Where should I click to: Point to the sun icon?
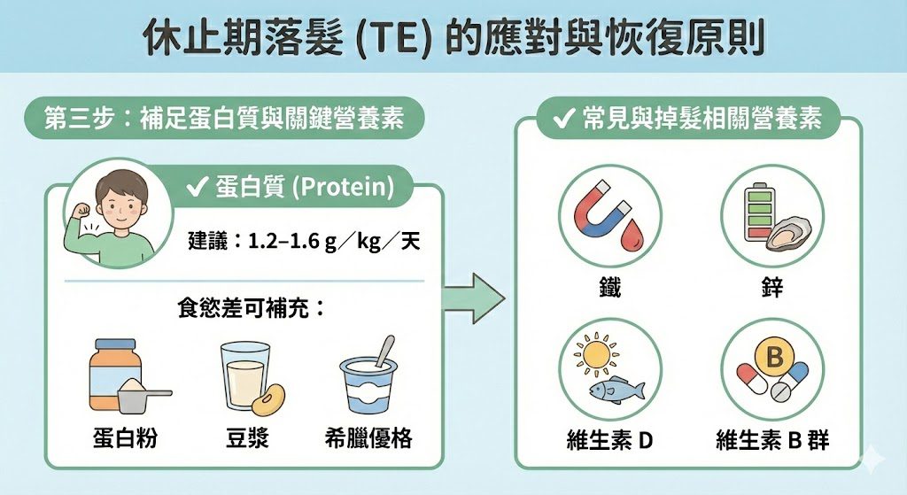596,353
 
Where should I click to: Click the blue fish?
616,389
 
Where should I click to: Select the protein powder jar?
115,375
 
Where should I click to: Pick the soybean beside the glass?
268,399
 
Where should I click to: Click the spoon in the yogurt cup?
384,351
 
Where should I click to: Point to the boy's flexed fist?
83,209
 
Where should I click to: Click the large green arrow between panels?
473,298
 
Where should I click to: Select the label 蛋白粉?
125,438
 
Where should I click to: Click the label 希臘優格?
368,438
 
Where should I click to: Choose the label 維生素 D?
609,441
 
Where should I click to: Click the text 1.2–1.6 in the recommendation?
284,241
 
